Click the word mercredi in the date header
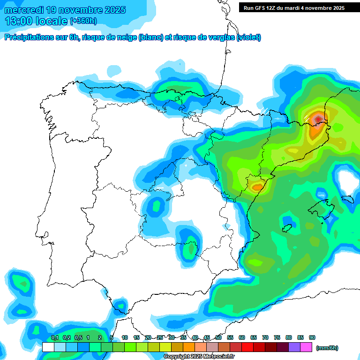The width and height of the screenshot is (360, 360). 24,10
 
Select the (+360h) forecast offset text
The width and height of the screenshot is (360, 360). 83,21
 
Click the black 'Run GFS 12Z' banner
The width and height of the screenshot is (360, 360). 292,7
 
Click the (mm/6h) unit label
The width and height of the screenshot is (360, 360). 327,348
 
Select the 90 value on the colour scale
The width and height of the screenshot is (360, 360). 312,337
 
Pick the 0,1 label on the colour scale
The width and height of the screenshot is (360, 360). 55,337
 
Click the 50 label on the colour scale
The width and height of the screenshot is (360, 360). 218,337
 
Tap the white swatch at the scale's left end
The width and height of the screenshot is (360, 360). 48,347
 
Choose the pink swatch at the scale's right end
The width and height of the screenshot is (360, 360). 306,347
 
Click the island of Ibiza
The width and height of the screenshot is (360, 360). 287,228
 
